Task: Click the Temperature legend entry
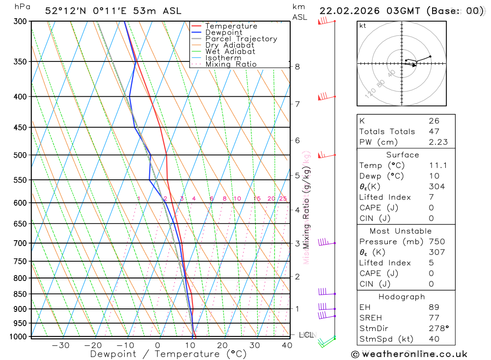coord(231,26)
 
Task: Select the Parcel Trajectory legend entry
coord(241,39)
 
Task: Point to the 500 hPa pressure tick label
coord(21,155)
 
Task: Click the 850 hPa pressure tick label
coord(21,294)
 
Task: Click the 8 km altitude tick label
coord(297,67)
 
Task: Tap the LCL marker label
coord(306,335)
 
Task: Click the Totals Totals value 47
coord(434,132)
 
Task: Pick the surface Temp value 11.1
coord(438,166)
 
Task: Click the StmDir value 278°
coord(438,329)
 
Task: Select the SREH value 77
coord(434,318)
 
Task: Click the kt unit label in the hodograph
coord(363,26)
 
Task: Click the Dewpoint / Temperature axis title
coord(168,354)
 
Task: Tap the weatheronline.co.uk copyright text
coord(409,354)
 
